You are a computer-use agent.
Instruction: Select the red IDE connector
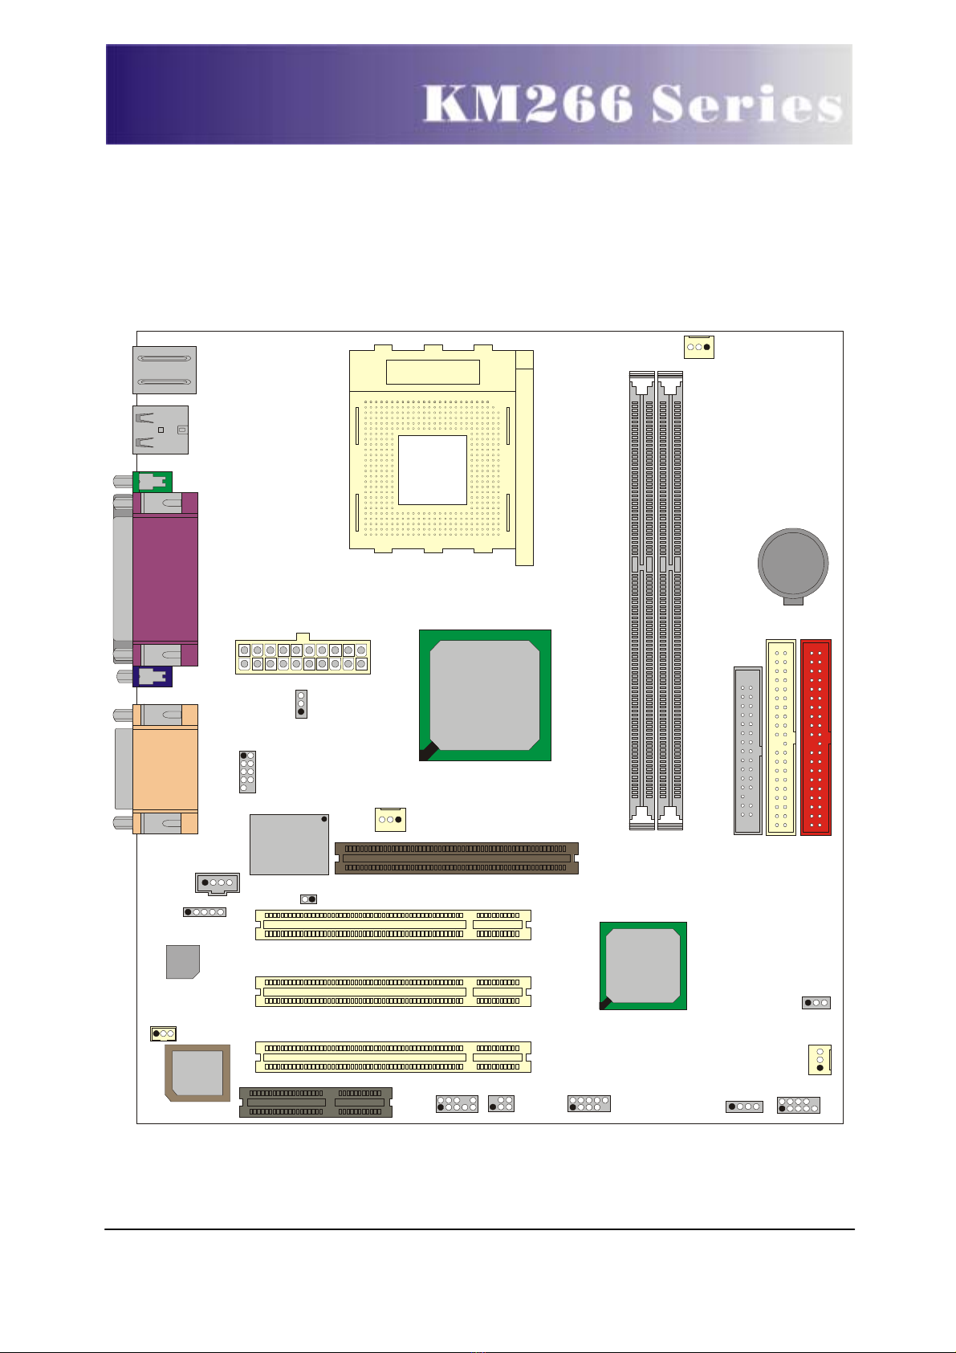click(x=816, y=737)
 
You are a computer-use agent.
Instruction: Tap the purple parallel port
click(x=165, y=579)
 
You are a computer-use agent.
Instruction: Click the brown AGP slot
click(x=457, y=858)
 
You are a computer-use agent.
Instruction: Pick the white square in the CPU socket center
click(x=433, y=470)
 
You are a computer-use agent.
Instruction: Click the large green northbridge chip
click(x=485, y=695)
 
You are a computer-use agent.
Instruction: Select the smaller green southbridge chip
click(x=643, y=966)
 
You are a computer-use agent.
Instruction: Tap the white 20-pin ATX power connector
click(x=303, y=656)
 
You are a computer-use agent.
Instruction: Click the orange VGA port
click(x=165, y=769)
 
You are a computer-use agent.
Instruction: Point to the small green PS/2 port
click(x=153, y=482)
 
